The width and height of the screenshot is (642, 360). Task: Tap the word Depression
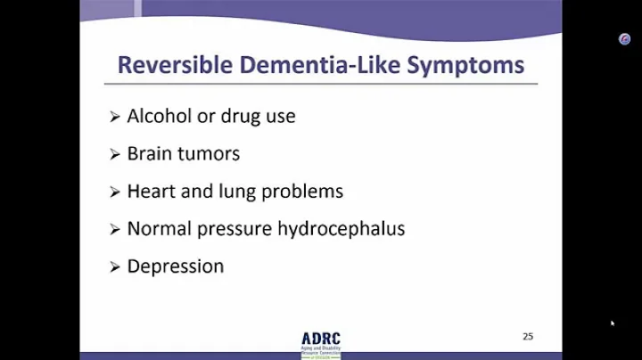pos(176,266)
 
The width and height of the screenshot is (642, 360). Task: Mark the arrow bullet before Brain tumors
pos(115,154)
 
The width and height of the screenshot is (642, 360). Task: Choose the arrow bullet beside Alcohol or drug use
pos(115,117)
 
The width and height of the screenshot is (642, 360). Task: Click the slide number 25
pos(528,336)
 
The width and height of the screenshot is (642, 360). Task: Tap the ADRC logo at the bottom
pos(320,344)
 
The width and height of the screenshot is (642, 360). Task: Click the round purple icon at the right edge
pos(625,39)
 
